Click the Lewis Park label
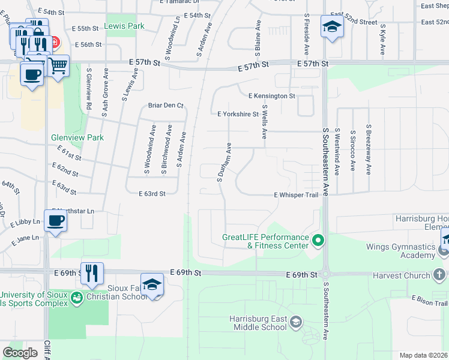pyautogui.click(x=124, y=26)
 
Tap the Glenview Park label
pyautogui.click(x=77, y=137)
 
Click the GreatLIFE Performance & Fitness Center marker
pyautogui.click(x=318, y=241)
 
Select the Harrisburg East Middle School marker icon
pyautogui.click(x=295, y=323)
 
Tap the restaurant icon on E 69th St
pyautogui.click(x=92, y=273)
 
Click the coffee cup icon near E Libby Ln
pyautogui.click(x=56, y=220)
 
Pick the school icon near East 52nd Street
pyautogui.click(x=331, y=26)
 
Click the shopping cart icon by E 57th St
pyautogui.click(x=58, y=66)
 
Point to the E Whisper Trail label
pyautogui.click(x=296, y=195)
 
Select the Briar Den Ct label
pyautogui.click(x=166, y=106)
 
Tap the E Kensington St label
pyautogui.click(x=272, y=96)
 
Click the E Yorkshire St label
pyautogui.click(x=238, y=113)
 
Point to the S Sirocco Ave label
pyautogui.click(x=352, y=150)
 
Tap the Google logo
pyautogui.click(x=20, y=352)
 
